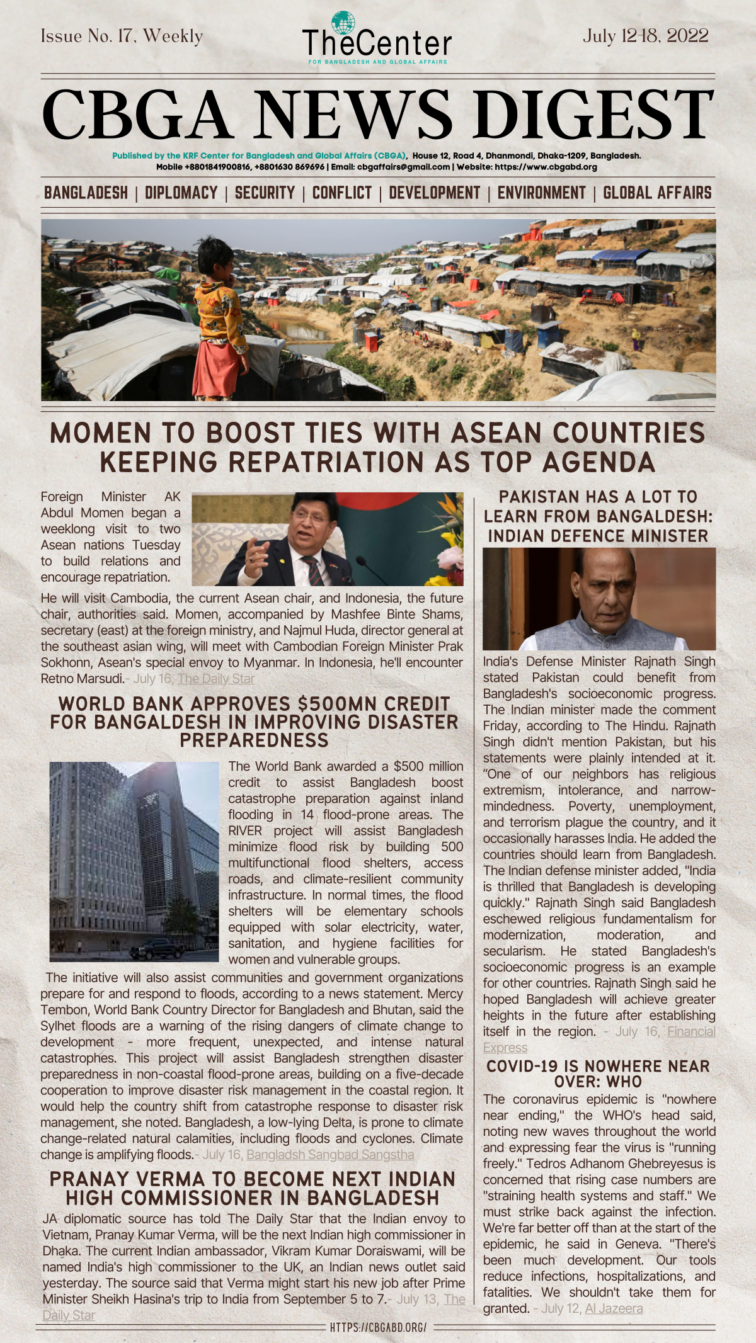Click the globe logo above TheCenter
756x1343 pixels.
343,22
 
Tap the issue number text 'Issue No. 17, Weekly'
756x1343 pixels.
122,37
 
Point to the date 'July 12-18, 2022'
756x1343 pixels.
645,36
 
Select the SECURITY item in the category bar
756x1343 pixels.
265,193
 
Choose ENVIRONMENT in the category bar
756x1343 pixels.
541,193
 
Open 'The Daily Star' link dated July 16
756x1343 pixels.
216,679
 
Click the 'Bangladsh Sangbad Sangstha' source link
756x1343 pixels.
330,1154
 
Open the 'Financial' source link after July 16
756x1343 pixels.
691,1031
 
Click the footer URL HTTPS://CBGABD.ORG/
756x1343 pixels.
378,1327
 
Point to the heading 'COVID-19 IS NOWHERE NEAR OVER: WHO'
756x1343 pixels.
598,1074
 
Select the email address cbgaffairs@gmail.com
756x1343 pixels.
403,167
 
